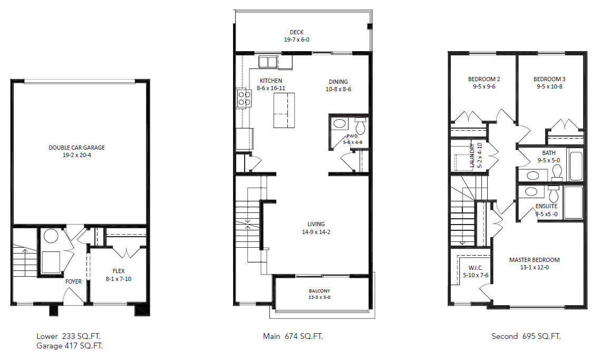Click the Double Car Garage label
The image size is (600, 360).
[x=77, y=148]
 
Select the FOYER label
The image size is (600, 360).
[x=73, y=281]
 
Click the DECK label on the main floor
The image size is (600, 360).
[x=296, y=33]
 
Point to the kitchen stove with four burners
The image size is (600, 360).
[x=243, y=98]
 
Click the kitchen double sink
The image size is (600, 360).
[x=267, y=62]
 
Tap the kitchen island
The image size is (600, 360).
[x=284, y=110]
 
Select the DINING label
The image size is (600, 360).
[x=338, y=82]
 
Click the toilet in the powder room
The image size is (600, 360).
[x=361, y=126]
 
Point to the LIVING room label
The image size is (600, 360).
[x=316, y=224]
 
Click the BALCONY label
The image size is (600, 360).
[x=320, y=291]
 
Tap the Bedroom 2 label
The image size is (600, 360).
[x=484, y=80]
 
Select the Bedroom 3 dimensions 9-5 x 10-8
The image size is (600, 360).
[x=549, y=86]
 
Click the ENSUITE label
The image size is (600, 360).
[x=546, y=206]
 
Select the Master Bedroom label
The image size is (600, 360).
[x=534, y=260]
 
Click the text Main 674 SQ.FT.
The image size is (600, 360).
[x=293, y=336]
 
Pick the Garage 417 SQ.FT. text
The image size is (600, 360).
[x=70, y=346]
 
